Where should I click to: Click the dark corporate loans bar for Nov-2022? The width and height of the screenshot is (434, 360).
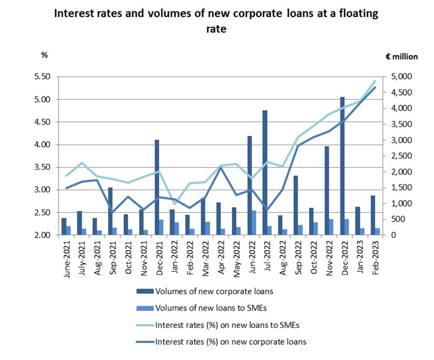click(326, 191)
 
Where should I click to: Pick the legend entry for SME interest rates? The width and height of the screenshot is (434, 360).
click(227, 325)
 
